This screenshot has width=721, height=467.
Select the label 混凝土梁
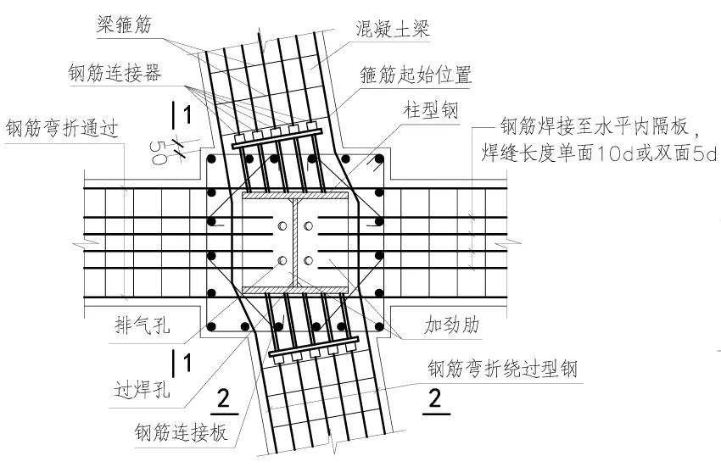click(393, 28)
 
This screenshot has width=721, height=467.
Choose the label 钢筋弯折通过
click(61, 129)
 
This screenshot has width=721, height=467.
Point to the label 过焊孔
click(142, 390)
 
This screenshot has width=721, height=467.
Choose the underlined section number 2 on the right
click(435, 397)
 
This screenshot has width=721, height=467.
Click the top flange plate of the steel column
click(294, 196)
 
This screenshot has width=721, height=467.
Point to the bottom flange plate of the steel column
click(294, 290)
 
